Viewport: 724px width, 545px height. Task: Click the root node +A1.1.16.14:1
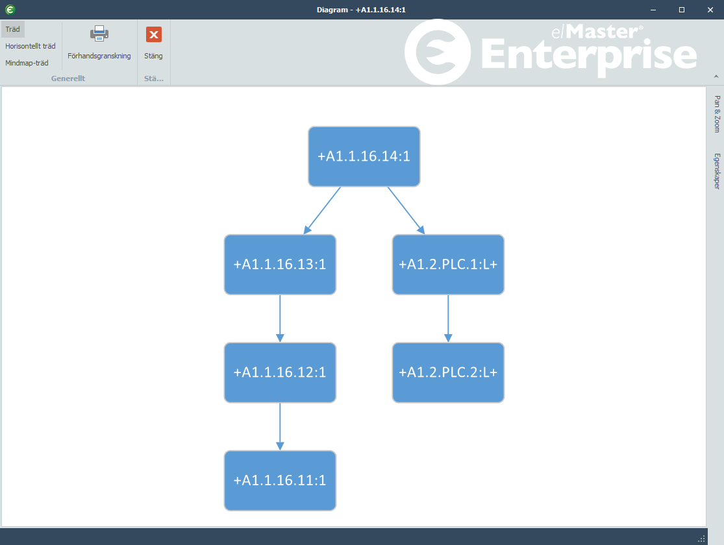(x=364, y=156)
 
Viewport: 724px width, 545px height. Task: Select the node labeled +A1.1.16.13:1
(x=280, y=265)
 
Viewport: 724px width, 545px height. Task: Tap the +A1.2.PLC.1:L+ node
(x=448, y=265)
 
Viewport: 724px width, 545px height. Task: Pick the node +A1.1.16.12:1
(x=280, y=372)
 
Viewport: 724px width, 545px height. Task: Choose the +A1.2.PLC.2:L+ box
(x=448, y=372)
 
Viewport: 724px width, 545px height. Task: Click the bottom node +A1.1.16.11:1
(x=280, y=480)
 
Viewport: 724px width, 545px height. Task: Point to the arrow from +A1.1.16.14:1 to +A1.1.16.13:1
(x=322, y=210)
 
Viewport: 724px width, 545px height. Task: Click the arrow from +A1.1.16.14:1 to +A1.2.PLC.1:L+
(x=406, y=210)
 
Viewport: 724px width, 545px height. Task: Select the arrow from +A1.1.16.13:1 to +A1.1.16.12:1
(x=280, y=319)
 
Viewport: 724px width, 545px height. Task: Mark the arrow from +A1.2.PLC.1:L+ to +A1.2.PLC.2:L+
(x=448, y=319)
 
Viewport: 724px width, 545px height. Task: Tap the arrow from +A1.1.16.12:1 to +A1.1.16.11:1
(x=280, y=426)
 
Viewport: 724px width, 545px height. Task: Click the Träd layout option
(x=13, y=29)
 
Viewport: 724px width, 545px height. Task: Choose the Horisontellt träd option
(x=31, y=46)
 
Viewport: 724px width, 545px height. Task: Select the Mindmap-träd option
(x=27, y=63)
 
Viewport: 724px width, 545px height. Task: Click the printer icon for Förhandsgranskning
(x=99, y=34)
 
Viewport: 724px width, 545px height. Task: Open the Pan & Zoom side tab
(x=717, y=114)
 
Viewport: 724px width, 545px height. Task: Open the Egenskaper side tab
(x=717, y=171)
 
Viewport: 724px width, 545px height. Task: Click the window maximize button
(x=682, y=10)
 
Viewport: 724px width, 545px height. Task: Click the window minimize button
(x=653, y=10)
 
